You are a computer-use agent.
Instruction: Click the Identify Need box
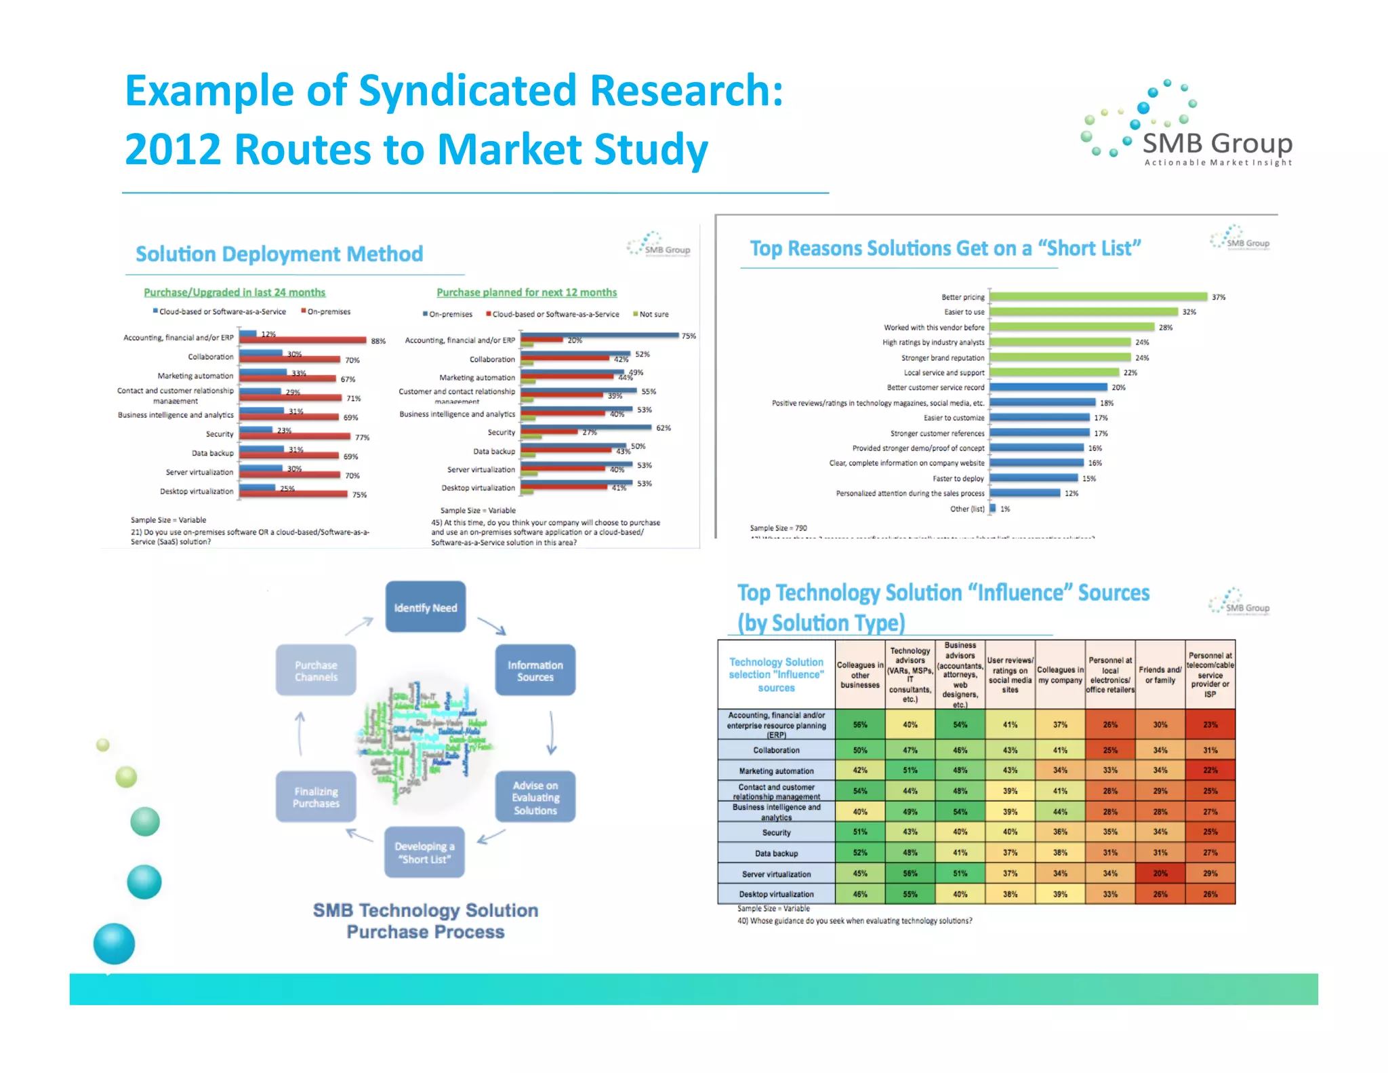click(426, 607)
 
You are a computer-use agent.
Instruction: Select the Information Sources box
click(535, 670)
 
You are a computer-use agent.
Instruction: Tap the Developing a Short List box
click(424, 852)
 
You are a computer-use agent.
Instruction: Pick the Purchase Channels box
click(316, 670)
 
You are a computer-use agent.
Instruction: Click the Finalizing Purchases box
click(316, 797)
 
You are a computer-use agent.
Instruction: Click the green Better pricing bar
click(1098, 296)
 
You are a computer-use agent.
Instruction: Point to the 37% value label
click(1219, 297)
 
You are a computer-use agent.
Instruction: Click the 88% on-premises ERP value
click(378, 341)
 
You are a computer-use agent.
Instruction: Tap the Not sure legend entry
click(653, 314)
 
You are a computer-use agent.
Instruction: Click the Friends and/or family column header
click(1160, 674)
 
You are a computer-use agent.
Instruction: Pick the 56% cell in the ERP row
click(860, 724)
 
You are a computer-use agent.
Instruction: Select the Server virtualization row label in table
click(776, 874)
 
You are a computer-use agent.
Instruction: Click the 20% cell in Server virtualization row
click(1160, 874)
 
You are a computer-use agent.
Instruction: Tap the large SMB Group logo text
click(1217, 144)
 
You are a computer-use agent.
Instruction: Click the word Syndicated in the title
click(468, 90)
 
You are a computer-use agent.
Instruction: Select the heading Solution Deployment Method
click(279, 254)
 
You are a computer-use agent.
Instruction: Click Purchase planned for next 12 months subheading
click(527, 292)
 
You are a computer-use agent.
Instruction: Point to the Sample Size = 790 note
click(778, 528)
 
